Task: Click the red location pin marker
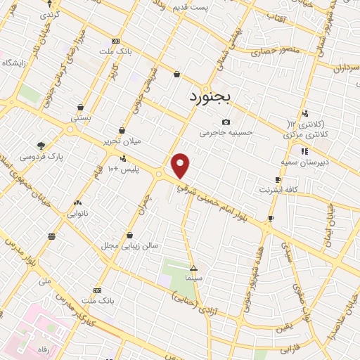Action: click(181, 166)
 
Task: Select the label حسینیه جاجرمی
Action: click(225, 132)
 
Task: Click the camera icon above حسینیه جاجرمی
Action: click(226, 122)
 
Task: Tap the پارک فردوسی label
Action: click(41, 156)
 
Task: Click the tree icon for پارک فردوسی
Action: click(41, 145)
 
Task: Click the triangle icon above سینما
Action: click(194, 268)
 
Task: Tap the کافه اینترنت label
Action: click(279, 190)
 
